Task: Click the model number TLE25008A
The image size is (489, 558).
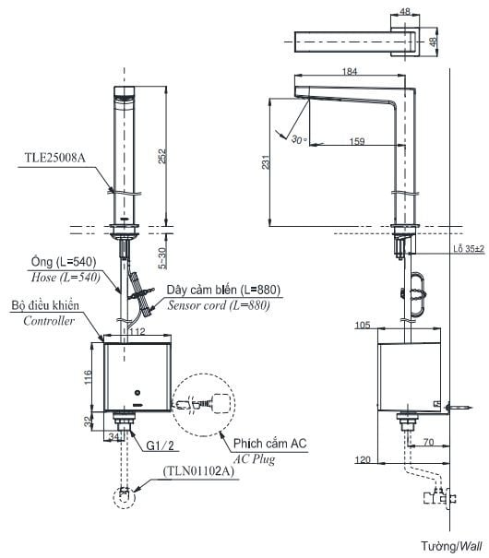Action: [54, 158]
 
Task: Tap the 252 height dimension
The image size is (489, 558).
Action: [162, 156]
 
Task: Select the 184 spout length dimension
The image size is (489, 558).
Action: [350, 72]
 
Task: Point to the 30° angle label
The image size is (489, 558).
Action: [299, 139]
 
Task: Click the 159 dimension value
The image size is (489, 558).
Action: [357, 141]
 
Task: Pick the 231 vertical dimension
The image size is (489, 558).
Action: [266, 162]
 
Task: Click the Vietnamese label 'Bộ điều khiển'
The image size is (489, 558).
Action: [45, 305]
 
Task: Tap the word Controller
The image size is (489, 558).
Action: [49, 321]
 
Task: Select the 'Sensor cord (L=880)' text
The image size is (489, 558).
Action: [219, 305]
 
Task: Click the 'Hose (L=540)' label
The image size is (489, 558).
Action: [66, 277]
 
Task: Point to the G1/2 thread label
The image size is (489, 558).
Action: [161, 445]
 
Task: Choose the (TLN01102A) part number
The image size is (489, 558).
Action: [198, 471]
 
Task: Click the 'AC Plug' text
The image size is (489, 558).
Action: [254, 459]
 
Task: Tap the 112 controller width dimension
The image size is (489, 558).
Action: [137, 332]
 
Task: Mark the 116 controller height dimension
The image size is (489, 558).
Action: [88, 377]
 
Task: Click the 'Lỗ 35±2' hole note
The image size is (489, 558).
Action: [469, 249]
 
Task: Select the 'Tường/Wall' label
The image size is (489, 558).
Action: [451, 546]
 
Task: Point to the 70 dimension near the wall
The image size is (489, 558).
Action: [428, 443]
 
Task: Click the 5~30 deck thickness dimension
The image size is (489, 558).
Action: [162, 257]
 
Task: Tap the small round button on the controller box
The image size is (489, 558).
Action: [137, 393]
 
